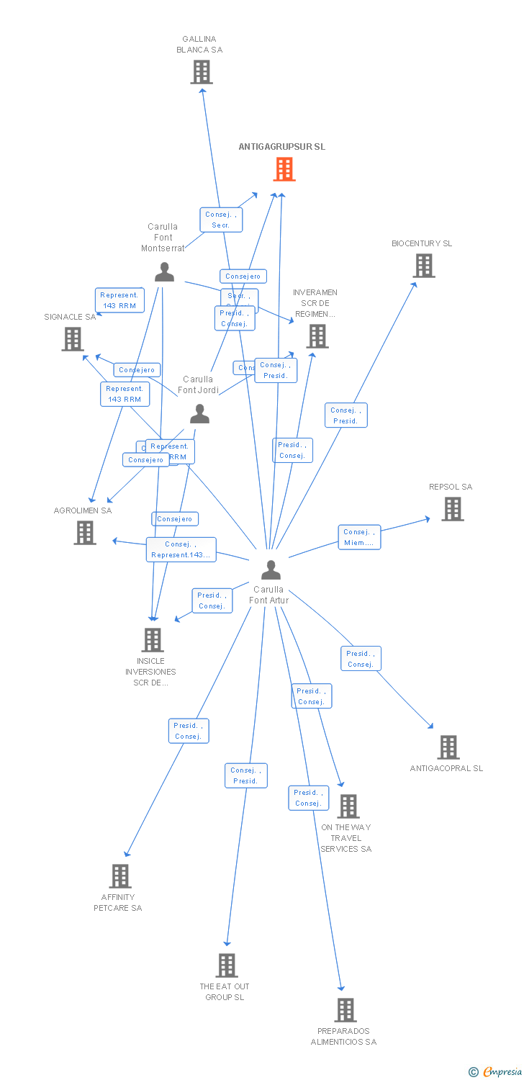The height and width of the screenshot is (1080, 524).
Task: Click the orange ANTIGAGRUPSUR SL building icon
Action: [x=284, y=169]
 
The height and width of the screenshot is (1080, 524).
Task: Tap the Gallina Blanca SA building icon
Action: [x=202, y=72]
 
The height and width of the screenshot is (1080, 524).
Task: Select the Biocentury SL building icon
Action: [x=424, y=266]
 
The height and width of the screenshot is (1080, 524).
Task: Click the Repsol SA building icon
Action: [x=452, y=509]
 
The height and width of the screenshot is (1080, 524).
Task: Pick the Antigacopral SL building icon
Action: [x=448, y=747]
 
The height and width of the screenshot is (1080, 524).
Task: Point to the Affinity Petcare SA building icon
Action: [x=119, y=876]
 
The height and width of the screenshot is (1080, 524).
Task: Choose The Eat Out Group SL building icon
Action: [x=227, y=966]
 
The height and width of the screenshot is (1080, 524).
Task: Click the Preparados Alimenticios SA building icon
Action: [x=345, y=1010]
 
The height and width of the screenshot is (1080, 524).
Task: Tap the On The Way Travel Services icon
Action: [x=348, y=806]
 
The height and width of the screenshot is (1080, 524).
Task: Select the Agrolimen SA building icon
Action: [x=85, y=533]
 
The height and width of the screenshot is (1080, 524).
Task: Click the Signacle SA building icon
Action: [x=73, y=339]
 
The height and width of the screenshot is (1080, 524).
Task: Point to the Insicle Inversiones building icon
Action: [x=153, y=639]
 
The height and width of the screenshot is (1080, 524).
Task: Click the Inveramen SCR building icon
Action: [x=317, y=336]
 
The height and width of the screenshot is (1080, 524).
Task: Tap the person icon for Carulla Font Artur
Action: [x=271, y=570]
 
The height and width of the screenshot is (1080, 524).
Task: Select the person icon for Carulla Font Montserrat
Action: [x=164, y=272]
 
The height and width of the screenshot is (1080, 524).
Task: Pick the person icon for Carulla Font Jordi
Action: [x=199, y=414]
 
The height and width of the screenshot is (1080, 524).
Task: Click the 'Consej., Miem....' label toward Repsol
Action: [x=359, y=537]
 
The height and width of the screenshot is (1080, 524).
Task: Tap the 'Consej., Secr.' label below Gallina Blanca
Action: [x=221, y=220]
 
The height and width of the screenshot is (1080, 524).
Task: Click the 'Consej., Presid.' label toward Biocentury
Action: [x=345, y=415]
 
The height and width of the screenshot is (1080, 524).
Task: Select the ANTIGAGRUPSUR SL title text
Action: [x=281, y=147]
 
